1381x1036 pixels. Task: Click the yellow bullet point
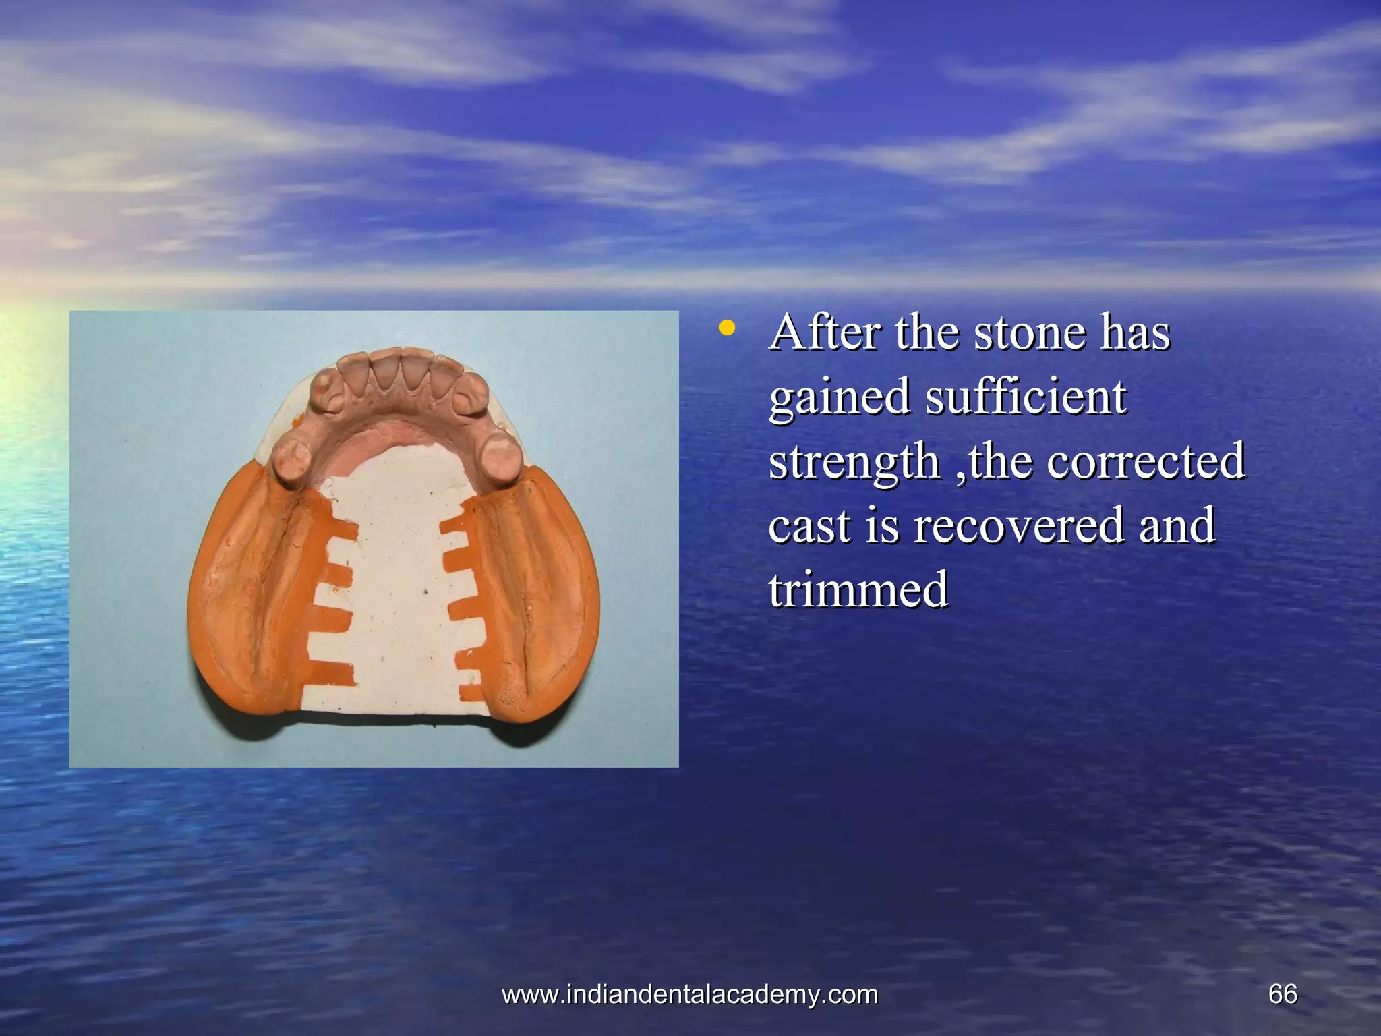[x=726, y=329]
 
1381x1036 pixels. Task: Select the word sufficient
[x=1026, y=397]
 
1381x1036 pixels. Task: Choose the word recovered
[x=1018, y=525]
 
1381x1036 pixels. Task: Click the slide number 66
[x=1283, y=994]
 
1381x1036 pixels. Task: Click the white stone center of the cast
[x=398, y=573]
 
